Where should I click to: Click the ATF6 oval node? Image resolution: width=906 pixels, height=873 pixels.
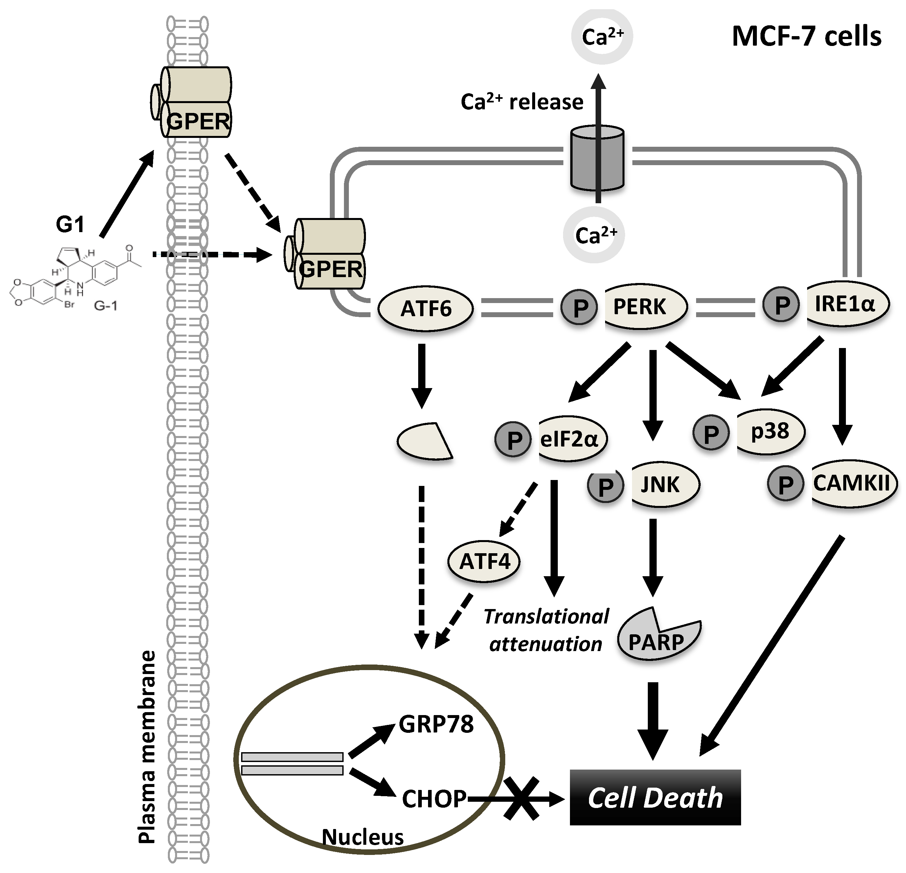(426, 309)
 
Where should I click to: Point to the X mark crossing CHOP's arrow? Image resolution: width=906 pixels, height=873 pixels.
(521, 798)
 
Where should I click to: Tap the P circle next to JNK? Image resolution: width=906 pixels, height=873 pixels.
(605, 486)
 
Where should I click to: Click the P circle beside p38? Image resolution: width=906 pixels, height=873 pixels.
(711, 433)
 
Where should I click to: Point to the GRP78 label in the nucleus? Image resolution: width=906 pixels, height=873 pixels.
(436, 724)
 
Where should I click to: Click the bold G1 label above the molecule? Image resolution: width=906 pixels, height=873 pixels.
(70, 225)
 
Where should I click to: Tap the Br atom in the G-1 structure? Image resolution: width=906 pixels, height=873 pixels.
(69, 305)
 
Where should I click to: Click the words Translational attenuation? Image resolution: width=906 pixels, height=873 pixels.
(546, 630)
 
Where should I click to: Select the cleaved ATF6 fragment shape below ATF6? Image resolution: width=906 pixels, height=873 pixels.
(423, 441)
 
